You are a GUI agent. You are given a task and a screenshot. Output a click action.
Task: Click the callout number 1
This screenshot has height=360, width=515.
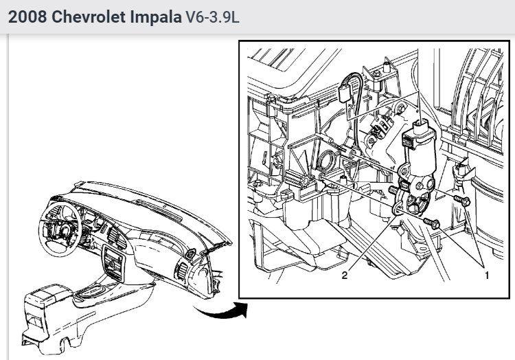pos(487,275)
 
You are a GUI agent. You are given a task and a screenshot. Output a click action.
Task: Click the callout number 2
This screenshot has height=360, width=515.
pos(344,275)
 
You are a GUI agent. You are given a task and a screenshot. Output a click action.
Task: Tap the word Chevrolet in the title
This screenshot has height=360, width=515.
pos(89,16)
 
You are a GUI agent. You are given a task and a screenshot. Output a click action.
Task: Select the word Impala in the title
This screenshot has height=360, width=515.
pos(156,16)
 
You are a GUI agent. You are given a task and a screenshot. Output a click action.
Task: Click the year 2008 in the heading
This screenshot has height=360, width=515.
pos(27,16)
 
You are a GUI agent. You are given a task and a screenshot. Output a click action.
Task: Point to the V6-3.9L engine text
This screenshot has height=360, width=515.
pos(212,16)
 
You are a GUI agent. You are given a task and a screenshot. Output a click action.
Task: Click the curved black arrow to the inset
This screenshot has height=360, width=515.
pos(220,311)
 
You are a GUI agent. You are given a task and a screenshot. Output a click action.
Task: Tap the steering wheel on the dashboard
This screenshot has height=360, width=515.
pos(60,228)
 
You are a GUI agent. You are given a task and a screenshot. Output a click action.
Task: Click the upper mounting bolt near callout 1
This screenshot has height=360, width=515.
pos(462,200)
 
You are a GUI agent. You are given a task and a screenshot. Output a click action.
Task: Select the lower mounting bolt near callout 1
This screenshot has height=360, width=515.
pos(432,223)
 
